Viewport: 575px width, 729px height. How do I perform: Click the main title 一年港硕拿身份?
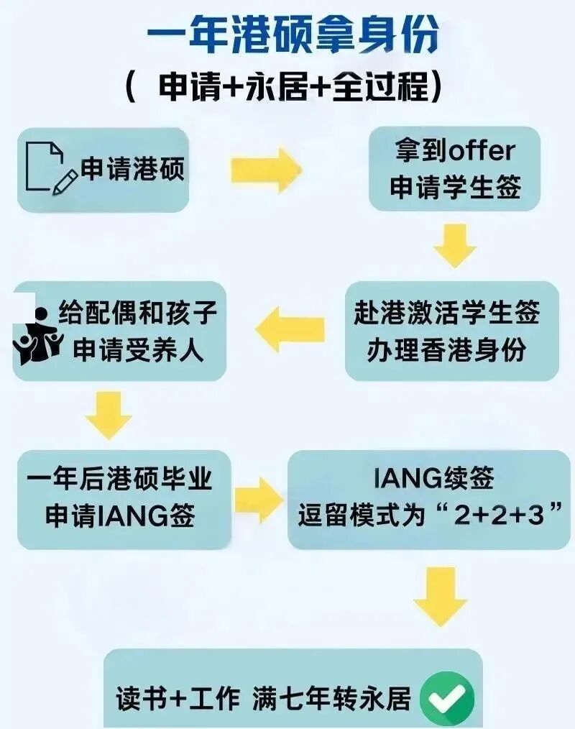292,36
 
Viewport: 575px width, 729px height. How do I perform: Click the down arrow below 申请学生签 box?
454,245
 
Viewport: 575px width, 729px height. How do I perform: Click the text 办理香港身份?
446,349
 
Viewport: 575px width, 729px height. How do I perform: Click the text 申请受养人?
138,350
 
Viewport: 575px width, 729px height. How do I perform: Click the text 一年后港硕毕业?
120,480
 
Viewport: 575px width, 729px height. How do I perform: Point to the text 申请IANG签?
120,515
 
